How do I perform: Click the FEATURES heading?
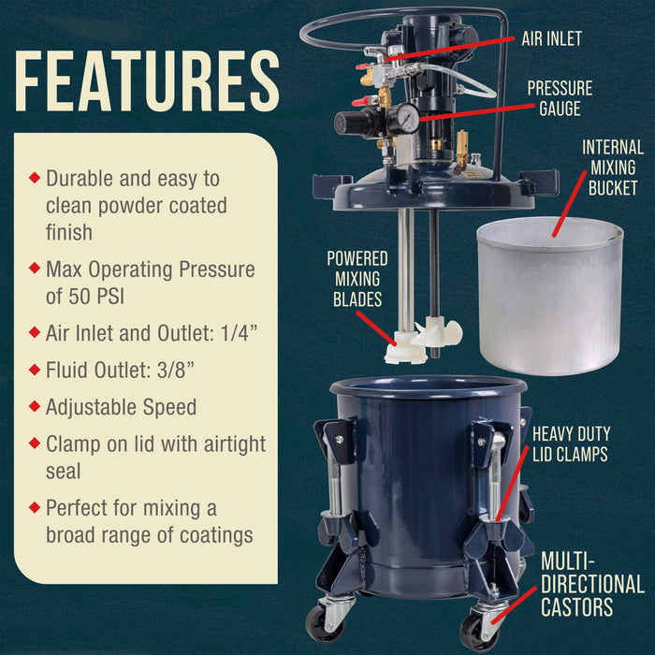(147, 80)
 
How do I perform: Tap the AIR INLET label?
(551, 39)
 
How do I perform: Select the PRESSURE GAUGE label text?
(560, 98)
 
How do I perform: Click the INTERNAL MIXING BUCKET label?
(612, 168)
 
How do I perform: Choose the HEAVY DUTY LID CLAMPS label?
(571, 445)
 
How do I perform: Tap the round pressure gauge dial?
(407, 117)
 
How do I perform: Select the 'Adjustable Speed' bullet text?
(121, 407)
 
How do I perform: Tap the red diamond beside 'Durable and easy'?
(35, 176)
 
